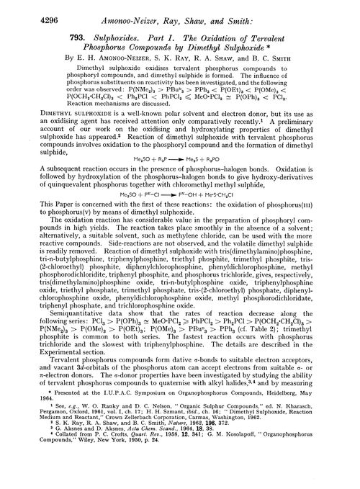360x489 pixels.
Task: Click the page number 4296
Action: [x=25, y=9]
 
